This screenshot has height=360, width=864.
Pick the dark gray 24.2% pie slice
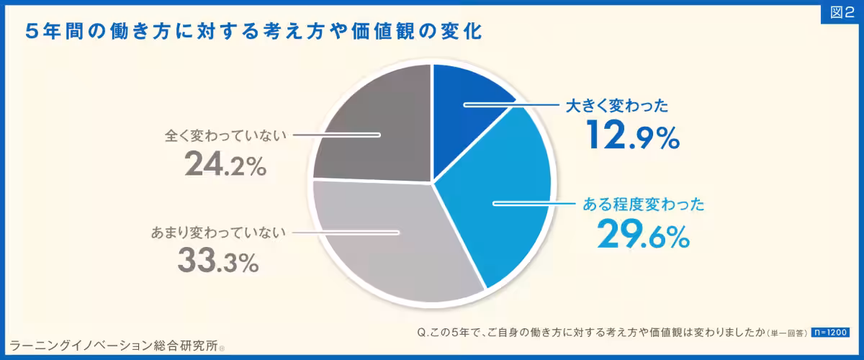[x=374, y=130]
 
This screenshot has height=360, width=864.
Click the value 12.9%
[x=633, y=135]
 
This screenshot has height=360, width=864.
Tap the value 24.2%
[x=225, y=165]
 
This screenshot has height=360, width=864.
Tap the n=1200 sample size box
[x=829, y=333]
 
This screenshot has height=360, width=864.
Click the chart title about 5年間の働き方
[x=252, y=32]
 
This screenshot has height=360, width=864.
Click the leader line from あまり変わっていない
[x=346, y=232]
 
